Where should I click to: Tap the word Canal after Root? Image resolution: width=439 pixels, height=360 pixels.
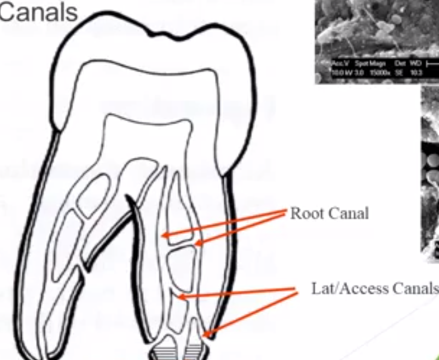(x=345, y=213)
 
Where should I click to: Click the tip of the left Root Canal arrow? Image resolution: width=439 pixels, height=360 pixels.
(x=162, y=236)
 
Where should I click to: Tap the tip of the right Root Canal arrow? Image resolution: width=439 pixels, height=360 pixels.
(x=196, y=244)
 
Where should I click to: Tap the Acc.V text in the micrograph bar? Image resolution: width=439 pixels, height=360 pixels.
(x=340, y=64)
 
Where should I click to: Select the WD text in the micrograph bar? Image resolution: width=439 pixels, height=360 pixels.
(x=416, y=64)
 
